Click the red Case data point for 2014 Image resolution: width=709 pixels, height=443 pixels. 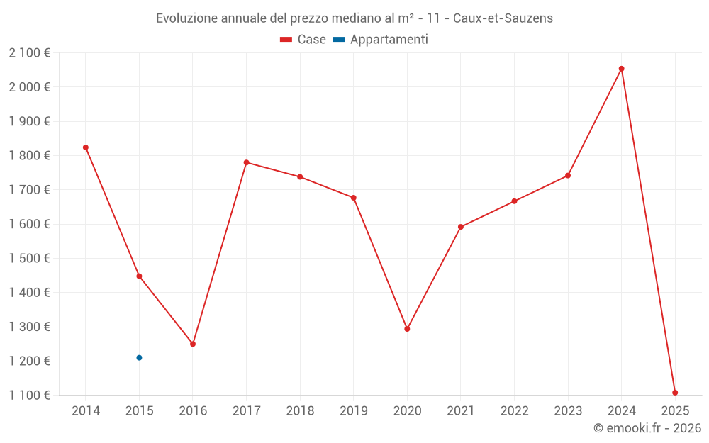(86, 147)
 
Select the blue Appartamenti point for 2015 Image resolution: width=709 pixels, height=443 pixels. (139, 358)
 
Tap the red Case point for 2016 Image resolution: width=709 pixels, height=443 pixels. (193, 344)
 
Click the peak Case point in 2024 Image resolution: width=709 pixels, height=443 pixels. (622, 69)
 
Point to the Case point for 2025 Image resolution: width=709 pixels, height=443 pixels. (675, 393)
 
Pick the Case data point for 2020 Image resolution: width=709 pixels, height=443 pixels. (407, 329)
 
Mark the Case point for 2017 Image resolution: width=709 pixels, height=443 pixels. (247, 162)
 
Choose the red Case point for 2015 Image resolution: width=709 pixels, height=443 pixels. (139, 276)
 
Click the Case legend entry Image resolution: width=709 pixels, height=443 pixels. (303, 40)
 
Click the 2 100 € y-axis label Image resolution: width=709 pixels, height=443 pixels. (29, 53)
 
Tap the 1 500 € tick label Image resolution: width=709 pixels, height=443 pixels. (29, 258)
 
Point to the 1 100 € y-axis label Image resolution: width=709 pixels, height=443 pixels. (29, 395)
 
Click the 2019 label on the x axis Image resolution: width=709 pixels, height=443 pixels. (354, 411)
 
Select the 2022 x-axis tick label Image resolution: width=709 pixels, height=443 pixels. (514, 411)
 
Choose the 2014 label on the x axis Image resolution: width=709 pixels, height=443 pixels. (86, 411)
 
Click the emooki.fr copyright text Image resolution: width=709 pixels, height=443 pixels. (647, 428)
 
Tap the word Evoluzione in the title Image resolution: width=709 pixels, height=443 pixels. (186, 18)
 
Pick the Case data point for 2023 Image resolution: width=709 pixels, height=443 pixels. (568, 175)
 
